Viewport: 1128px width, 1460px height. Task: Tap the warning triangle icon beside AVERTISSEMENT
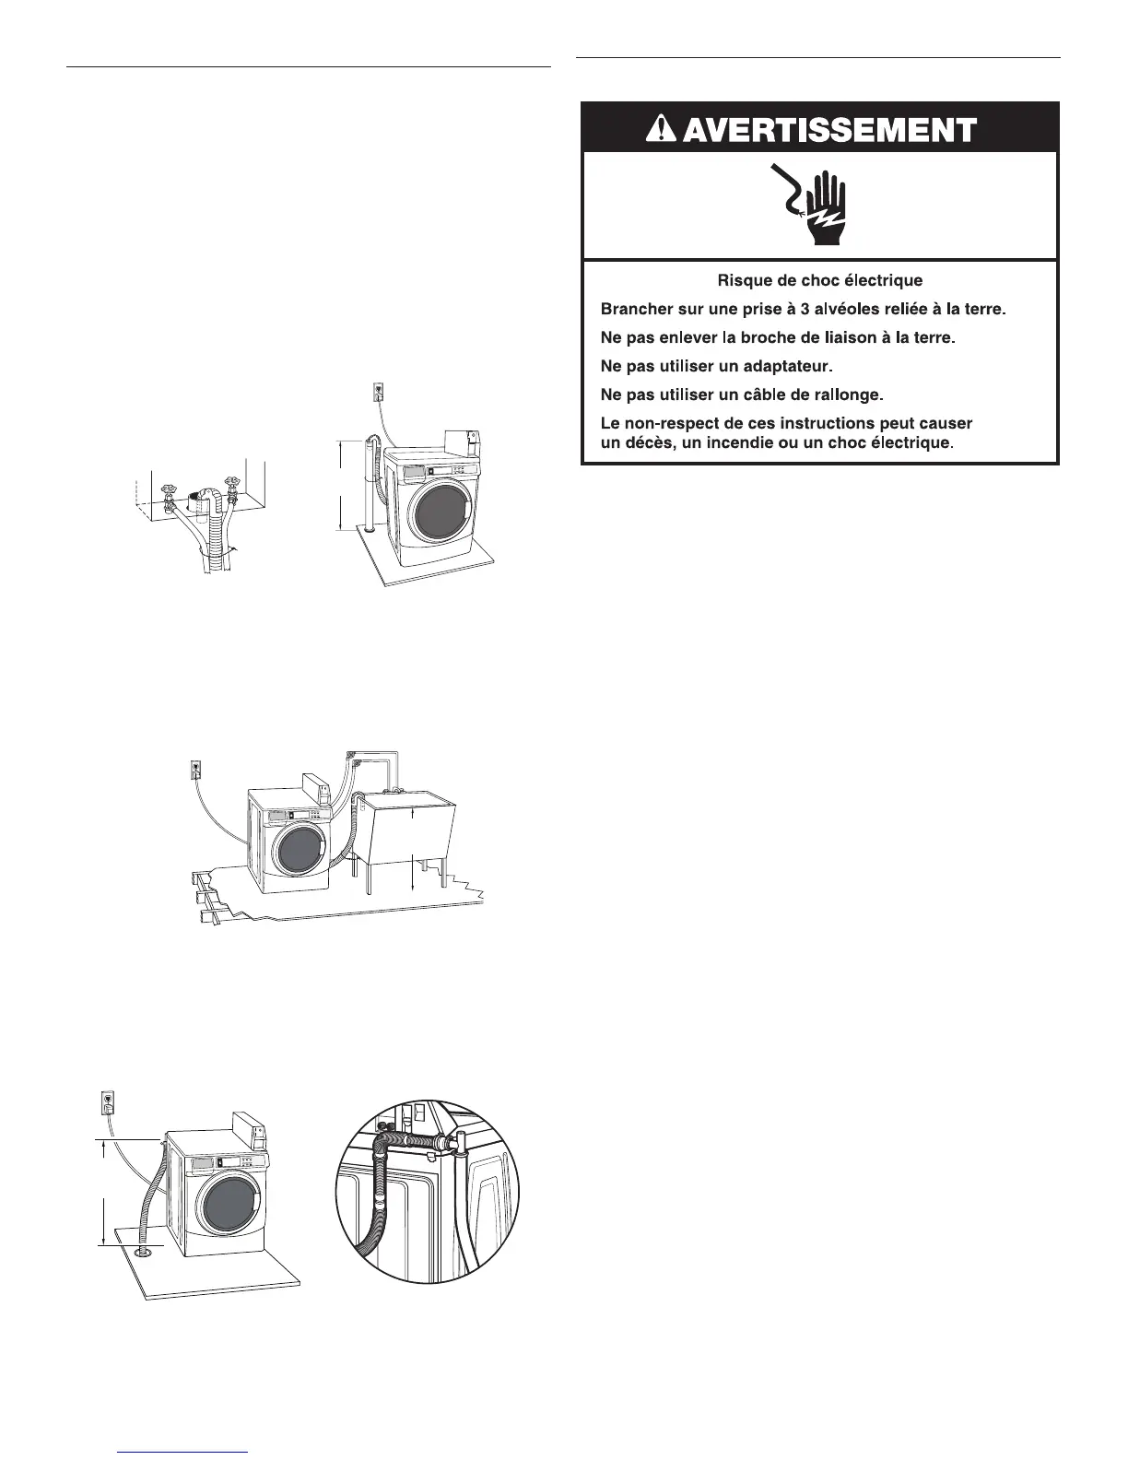(661, 130)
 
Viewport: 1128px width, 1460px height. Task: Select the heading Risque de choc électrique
(819, 280)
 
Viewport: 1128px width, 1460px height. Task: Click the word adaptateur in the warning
(782, 367)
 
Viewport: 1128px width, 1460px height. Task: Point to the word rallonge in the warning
(845, 395)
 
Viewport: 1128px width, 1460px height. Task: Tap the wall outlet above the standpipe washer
(376, 391)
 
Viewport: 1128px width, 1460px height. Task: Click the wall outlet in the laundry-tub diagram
(194, 767)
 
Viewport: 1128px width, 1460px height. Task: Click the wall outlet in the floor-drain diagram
(108, 1101)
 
